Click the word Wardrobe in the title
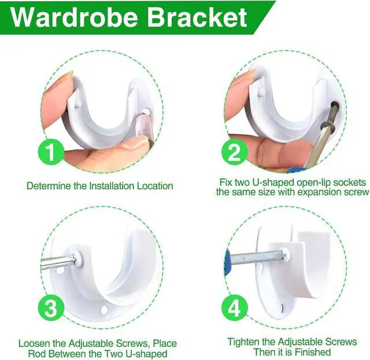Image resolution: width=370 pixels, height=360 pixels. (75, 17)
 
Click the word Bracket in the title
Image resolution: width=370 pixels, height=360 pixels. (197, 17)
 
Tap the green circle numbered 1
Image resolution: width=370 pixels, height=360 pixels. (51, 152)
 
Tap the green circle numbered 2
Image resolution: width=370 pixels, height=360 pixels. (234, 152)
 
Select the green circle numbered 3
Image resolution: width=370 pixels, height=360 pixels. (51, 308)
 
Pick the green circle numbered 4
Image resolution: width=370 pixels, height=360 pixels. (234, 308)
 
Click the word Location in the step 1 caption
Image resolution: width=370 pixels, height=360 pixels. (155, 186)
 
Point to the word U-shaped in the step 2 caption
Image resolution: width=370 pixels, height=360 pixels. (272, 182)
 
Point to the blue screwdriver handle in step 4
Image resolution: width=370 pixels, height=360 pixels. (227, 262)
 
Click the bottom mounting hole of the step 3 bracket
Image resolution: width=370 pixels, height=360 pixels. (104, 310)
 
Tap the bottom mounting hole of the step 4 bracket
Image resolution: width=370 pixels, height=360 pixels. (283, 307)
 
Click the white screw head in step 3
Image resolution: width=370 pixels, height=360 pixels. (78, 258)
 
